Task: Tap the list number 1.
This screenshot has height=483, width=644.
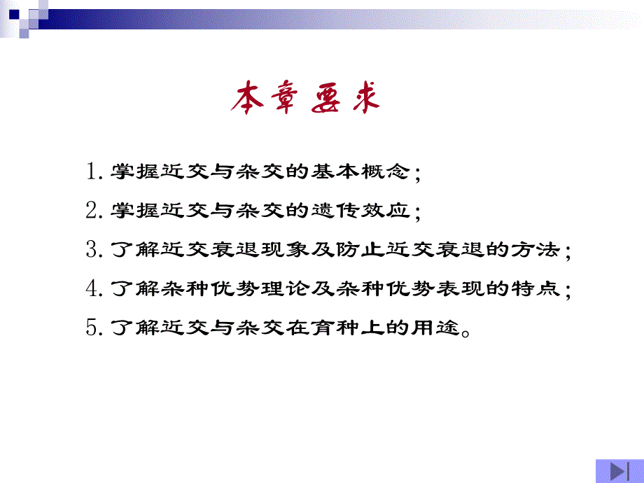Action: point(92,171)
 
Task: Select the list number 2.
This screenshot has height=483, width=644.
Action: point(92,210)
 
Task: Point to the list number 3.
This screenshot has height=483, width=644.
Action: point(92,249)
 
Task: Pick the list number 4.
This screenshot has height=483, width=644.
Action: point(92,288)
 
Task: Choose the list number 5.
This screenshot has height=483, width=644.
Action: point(92,328)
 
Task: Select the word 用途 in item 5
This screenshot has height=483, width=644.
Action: point(437,328)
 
